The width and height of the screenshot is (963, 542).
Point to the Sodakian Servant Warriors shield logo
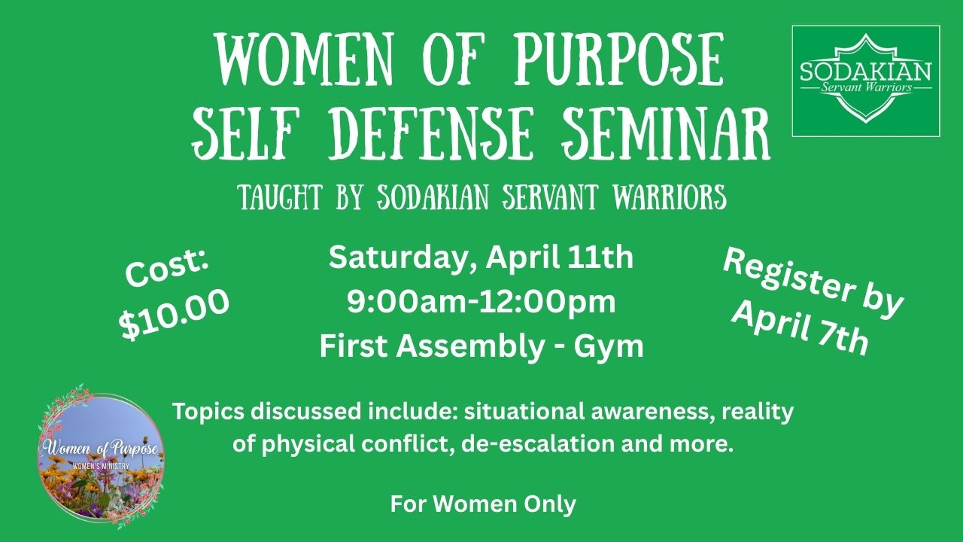point(866,81)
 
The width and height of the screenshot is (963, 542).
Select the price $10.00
point(174,314)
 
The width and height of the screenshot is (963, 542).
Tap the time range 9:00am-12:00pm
point(481,302)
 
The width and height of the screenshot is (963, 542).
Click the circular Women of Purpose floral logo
point(101,457)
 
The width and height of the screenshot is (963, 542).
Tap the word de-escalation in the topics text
point(538,444)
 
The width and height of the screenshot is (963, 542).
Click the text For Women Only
point(483,504)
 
